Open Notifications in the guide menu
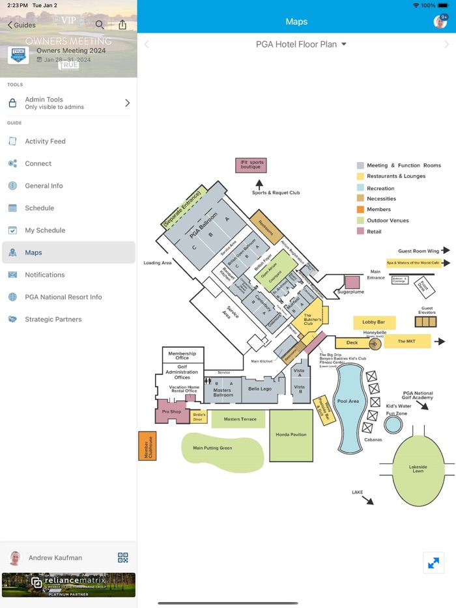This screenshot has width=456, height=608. coord(44,275)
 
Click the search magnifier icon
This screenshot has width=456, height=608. coord(100,25)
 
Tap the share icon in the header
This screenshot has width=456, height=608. coord(122,25)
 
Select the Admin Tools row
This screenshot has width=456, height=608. coord(68,103)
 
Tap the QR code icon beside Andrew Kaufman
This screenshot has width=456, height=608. coord(123,557)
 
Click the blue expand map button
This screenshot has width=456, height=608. coord(433,563)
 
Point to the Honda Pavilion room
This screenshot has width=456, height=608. coord(291,435)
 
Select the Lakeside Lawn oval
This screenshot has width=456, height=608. coord(418,469)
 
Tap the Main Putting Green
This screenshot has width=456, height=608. coord(221,449)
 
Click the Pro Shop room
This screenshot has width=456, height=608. coord(171,411)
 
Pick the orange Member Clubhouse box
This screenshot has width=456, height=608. coord(147,446)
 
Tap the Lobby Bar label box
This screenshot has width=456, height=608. coord(374,322)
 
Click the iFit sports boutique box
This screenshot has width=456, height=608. coord(251,165)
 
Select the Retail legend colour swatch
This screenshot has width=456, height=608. coord(360,231)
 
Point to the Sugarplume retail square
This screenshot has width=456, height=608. coord(352,282)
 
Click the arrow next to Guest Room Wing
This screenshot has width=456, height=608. coord(446,250)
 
